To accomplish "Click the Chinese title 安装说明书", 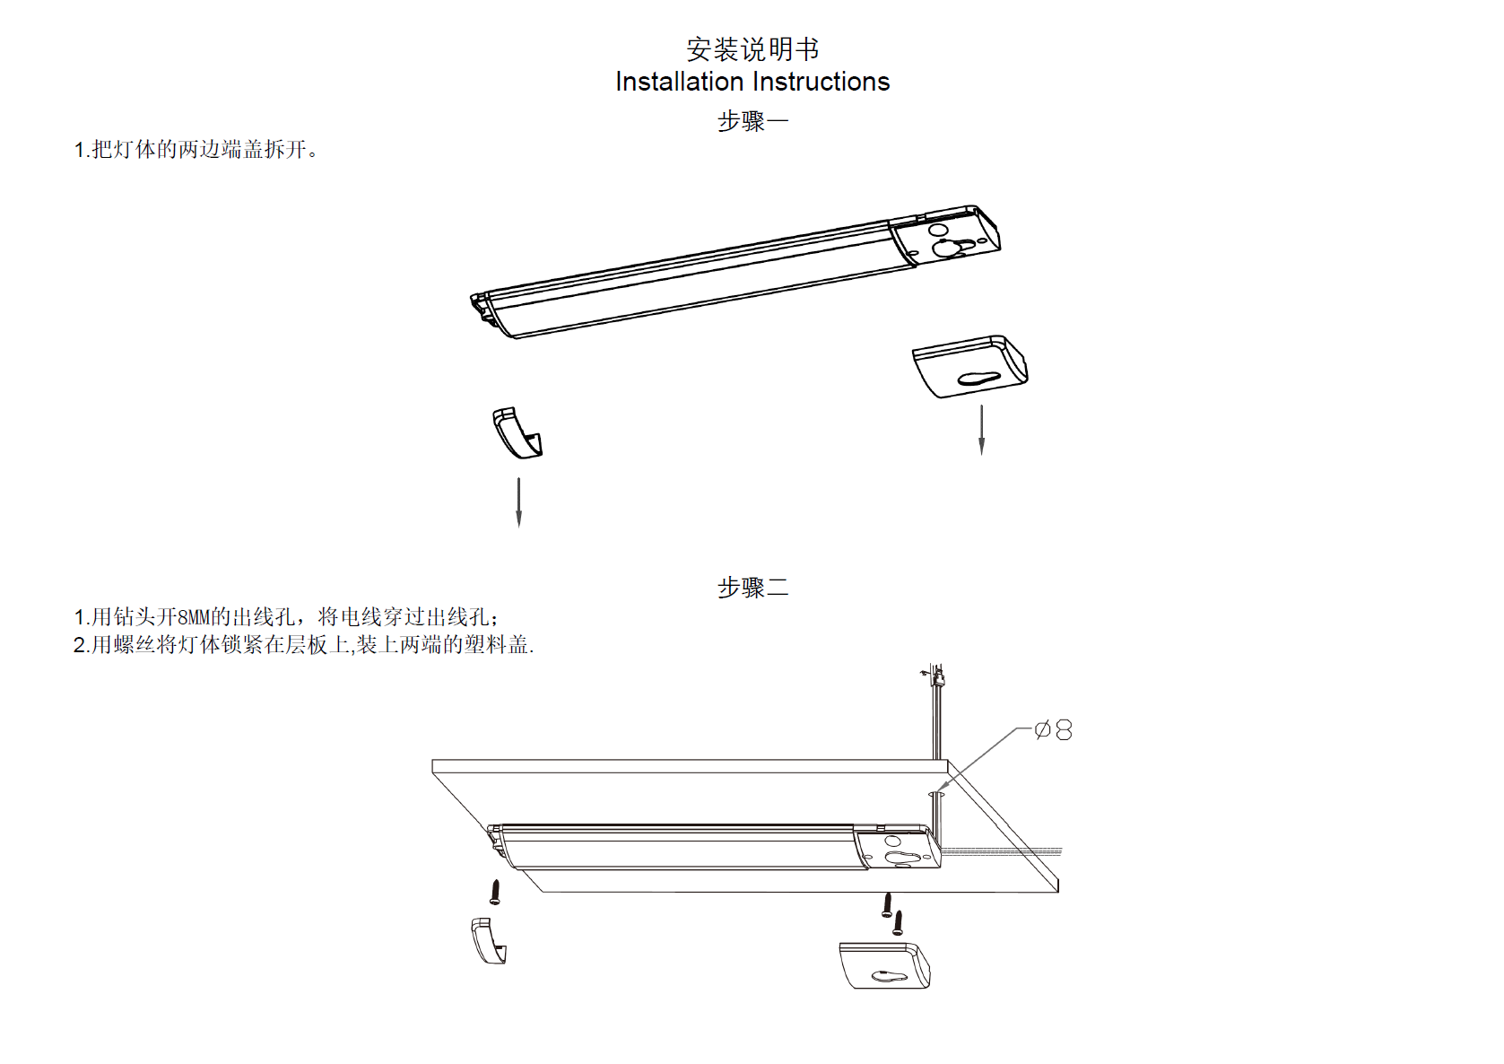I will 752,48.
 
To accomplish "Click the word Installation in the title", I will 679,82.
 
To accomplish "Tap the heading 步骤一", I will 752,121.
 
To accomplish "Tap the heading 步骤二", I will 752,588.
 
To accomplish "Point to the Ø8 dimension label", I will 1053,730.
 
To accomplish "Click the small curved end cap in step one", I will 517,432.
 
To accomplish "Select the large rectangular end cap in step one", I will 969,366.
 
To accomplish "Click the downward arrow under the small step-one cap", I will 518,502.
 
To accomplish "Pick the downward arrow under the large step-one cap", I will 982,431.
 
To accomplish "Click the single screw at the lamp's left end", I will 494,892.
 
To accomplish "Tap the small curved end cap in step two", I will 488,940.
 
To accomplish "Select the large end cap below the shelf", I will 883,965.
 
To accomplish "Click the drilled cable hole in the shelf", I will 936,793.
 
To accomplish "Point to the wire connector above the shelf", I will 936,676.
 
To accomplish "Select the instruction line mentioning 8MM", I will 286,617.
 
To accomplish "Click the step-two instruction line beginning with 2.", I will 303,645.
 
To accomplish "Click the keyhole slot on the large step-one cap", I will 978,379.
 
